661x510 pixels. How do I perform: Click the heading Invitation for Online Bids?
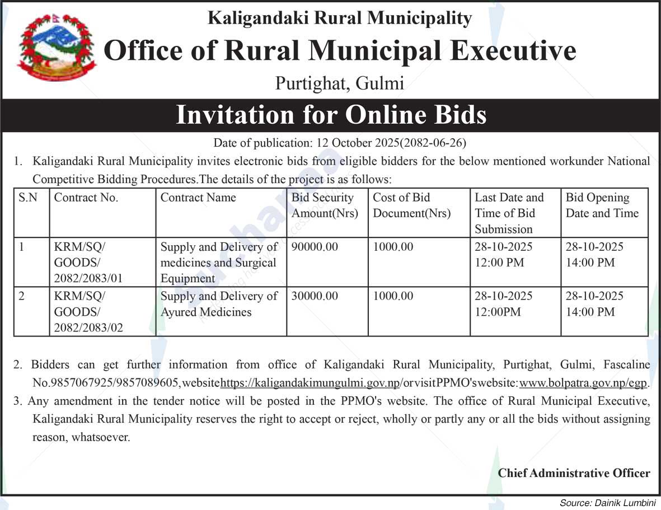coord(331,115)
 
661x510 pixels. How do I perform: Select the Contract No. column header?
coord(86,198)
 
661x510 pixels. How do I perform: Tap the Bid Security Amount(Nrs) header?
coord(325,205)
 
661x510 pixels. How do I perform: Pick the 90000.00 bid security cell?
coord(315,247)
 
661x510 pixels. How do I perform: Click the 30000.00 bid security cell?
coord(315,296)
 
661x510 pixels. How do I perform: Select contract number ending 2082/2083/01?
coord(88,262)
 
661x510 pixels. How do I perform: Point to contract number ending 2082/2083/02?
coord(88,312)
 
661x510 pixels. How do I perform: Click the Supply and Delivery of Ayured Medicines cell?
coord(219,304)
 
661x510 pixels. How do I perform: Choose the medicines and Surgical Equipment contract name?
coord(219,262)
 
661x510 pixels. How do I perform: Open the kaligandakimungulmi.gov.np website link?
coord(311,383)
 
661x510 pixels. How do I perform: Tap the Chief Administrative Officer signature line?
coord(574,473)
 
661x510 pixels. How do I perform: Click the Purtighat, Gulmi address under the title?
coord(339,83)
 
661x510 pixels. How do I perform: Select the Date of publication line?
coord(340,142)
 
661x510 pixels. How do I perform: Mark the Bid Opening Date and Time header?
coord(602,205)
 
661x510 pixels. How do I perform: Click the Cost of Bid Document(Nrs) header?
coord(411,205)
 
